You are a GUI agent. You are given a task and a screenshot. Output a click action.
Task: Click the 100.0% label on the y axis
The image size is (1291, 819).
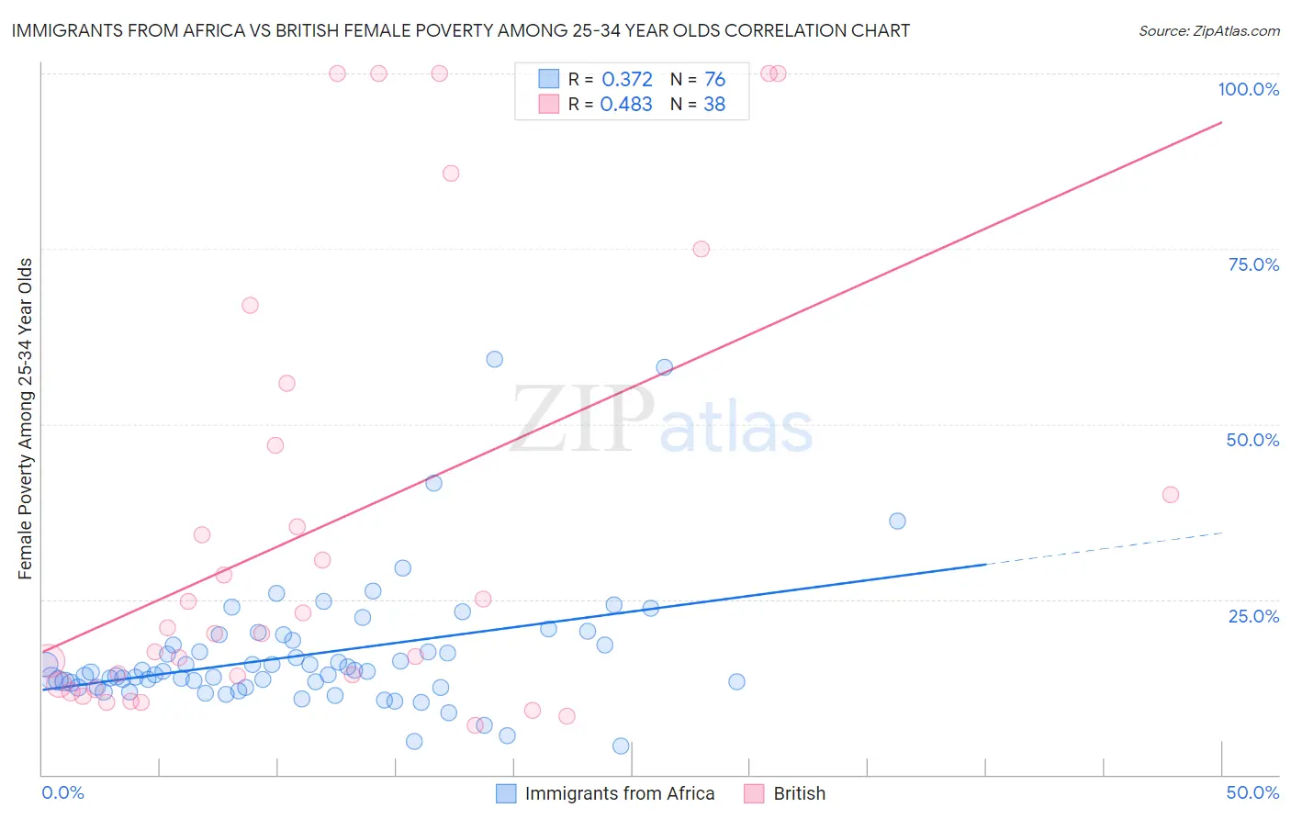1248,89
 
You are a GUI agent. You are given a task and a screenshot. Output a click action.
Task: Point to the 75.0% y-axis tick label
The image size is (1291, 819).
1253,264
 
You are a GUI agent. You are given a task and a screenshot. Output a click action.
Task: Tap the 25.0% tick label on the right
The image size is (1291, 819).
1253,615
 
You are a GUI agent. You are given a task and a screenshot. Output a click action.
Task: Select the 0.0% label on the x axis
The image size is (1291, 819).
62,792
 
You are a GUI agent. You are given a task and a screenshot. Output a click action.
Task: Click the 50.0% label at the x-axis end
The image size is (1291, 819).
1252,792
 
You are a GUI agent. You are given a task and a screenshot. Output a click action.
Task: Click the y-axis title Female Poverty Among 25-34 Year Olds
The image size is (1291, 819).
25,419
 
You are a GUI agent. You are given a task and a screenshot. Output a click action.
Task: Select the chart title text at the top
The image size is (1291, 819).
460,30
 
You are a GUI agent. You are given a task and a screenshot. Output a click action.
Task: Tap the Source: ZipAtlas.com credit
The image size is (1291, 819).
1208,30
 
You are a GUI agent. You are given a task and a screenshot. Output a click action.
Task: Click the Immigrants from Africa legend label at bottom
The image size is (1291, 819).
619,793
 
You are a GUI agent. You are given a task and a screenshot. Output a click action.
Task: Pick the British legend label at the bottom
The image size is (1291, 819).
799,793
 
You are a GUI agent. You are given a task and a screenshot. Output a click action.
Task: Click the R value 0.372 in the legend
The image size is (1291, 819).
626,80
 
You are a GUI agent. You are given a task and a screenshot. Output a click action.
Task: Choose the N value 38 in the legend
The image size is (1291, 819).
714,105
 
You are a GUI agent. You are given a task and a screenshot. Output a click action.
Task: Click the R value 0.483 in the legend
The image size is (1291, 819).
626,105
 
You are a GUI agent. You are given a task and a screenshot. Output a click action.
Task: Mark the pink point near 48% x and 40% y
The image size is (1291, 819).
1170,495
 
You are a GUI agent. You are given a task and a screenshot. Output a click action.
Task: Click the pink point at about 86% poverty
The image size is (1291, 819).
451,174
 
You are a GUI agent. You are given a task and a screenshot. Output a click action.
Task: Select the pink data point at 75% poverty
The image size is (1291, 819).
701,249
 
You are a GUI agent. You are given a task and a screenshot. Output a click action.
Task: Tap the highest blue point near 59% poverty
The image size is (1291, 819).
495,359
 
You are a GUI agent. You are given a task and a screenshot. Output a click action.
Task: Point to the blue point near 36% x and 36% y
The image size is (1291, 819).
897,521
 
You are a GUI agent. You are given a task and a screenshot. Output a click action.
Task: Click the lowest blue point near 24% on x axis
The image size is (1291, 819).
621,746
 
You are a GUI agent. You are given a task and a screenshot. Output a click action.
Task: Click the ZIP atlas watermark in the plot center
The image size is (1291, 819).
661,421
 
